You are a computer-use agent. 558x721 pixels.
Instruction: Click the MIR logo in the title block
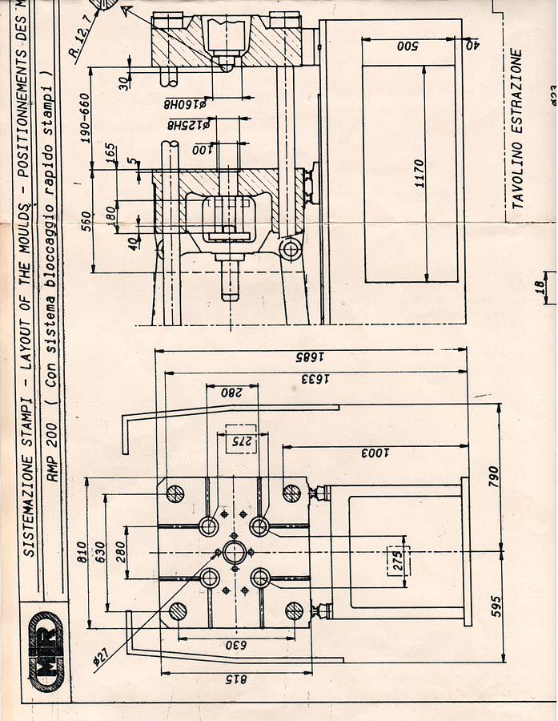coord(46,651)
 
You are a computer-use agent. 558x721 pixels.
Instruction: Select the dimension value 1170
coord(420,174)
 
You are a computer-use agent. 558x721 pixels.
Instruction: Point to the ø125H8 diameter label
coord(187,125)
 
